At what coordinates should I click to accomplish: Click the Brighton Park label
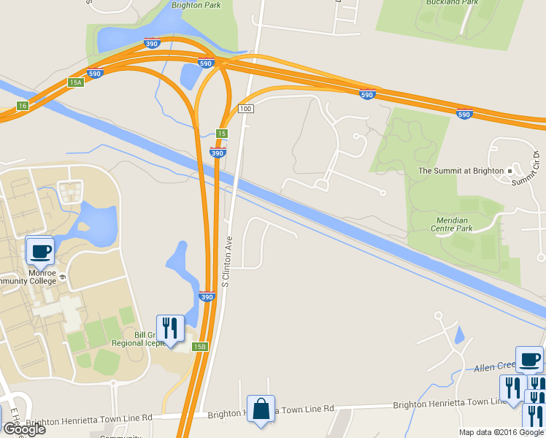coord(196,4)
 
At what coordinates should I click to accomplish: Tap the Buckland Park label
coord(452,3)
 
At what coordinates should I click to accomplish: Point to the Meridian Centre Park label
coord(466,223)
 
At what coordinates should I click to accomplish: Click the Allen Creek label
coord(495,366)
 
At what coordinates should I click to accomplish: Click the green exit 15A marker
coord(76,82)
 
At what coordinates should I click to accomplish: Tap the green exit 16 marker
coord(23,106)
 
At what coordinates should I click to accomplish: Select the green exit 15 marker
coord(222,134)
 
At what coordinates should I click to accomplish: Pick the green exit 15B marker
coord(200,346)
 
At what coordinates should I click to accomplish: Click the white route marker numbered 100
coord(245,109)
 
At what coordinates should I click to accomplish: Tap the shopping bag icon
coord(261,410)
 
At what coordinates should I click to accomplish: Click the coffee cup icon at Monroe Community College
coord(39,250)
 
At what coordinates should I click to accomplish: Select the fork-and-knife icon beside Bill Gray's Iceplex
coord(170,328)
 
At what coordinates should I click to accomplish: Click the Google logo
coord(24,429)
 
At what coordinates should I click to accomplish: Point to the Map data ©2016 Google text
coord(501,432)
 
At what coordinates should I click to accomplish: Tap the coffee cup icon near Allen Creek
coord(529,359)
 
